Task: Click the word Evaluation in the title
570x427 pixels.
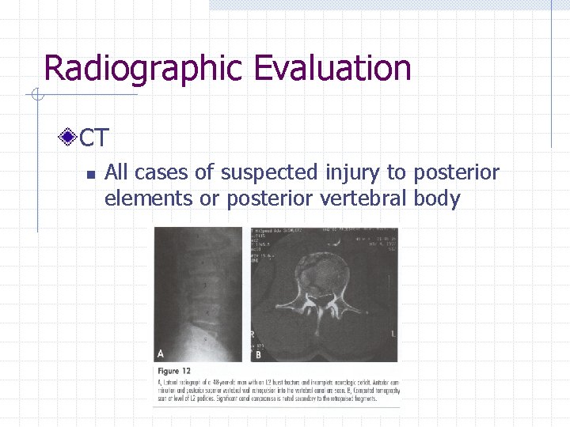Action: [332, 68]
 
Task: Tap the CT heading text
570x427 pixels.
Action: [94, 138]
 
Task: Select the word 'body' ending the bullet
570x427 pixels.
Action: [436, 198]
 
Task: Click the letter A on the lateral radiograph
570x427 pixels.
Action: [161, 353]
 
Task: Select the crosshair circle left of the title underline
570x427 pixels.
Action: [36, 96]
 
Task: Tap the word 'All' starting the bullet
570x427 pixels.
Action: [119, 172]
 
